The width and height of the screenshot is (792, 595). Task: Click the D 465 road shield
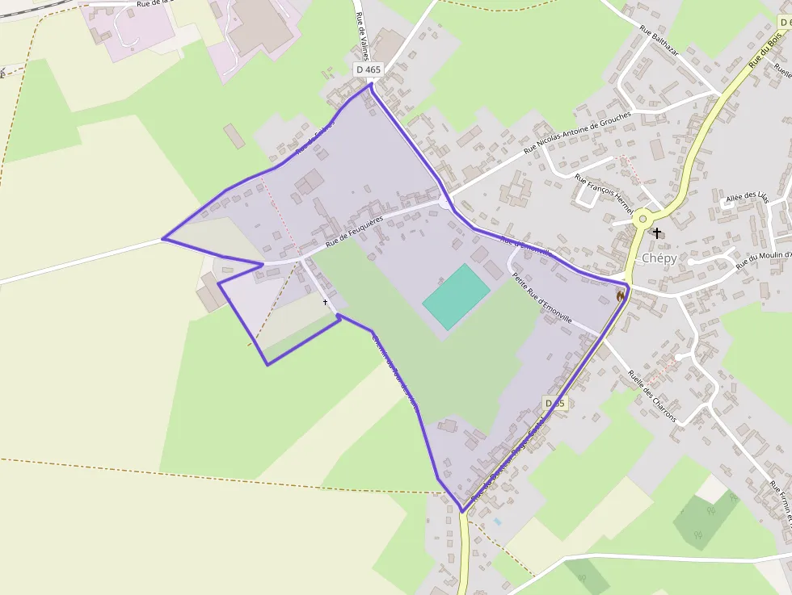368,70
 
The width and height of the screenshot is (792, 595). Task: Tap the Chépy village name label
659,258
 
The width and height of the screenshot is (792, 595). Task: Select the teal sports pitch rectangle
456,296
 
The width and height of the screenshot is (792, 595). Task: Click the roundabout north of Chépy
642,217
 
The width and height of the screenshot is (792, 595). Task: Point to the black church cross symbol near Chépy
657,233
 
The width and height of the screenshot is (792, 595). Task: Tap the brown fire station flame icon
621,296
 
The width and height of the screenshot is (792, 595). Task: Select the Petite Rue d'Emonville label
541,298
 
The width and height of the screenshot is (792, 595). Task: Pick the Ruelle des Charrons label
651,396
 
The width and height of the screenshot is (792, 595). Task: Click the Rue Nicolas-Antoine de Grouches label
576,132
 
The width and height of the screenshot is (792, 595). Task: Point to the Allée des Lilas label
746,196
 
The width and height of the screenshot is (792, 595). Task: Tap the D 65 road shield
554,403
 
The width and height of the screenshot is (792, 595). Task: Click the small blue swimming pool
497,522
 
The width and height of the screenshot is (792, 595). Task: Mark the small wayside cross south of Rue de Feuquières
326,302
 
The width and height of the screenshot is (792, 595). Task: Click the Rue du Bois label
765,49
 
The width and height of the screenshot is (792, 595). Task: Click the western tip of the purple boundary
163,239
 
